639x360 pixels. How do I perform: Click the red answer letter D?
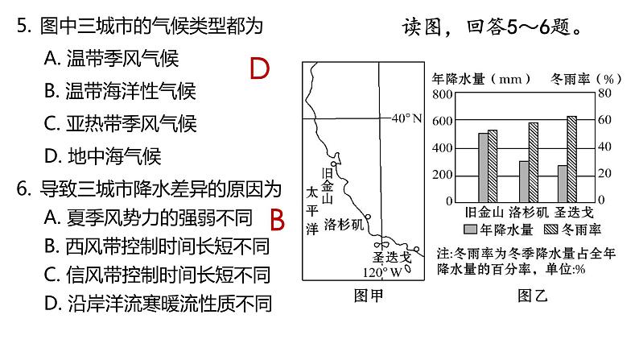[x=259, y=70]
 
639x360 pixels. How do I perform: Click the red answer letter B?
[x=278, y=218]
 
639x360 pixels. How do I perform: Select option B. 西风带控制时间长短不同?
[x=156, y=246]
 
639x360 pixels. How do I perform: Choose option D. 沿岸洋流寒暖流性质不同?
[x=158, y=304]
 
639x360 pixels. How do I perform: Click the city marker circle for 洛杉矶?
[x=367, y=217]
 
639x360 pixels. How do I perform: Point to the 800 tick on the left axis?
[x=443, y=94]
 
